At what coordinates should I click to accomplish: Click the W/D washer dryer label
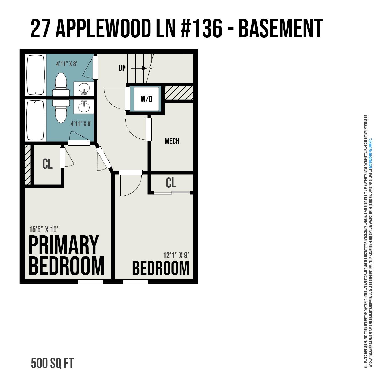coord(146,99)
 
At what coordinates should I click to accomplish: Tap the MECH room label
coord(172,141)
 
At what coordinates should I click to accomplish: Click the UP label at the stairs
coord(122,68)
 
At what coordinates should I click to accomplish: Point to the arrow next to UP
coord(139,68)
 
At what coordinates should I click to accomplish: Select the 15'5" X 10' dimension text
coord(44,230)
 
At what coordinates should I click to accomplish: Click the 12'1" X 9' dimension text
coord(176,255)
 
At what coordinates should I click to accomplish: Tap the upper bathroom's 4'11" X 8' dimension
coord(66,64)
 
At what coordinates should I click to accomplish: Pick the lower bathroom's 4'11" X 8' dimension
coord(81,124)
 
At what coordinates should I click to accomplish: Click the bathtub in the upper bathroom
coord(36,75)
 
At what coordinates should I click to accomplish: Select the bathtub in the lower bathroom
coord(36,120)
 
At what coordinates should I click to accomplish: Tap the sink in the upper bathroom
coord(84,89)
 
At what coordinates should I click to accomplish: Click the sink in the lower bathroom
coord(84,106)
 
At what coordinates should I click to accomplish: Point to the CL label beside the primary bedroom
coord(48,164)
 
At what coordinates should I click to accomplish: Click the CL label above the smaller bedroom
coord(171,183)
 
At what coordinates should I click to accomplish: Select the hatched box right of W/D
coord(179,93)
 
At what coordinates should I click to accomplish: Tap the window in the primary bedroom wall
coord(90,282)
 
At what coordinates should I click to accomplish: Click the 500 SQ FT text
coord(52,363)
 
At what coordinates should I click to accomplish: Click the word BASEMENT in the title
coord(281,29)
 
